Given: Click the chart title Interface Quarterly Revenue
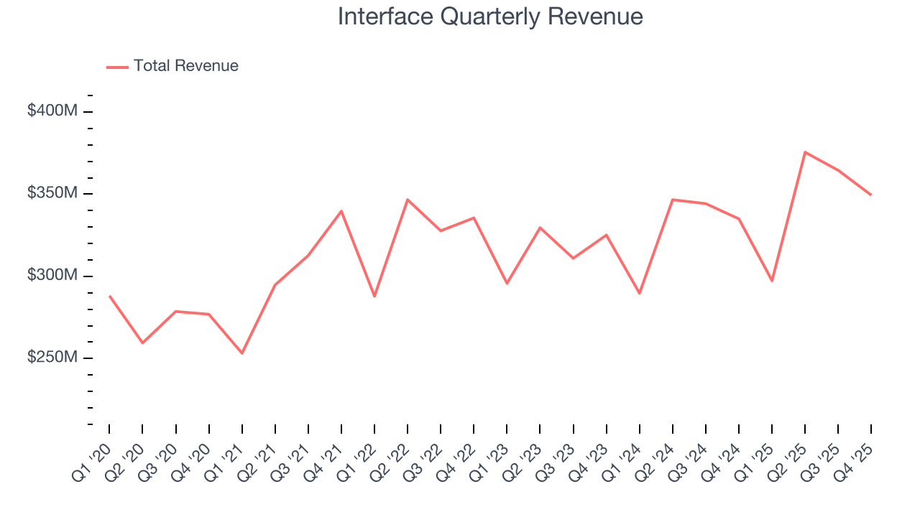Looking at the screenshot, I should [x=490, y=17].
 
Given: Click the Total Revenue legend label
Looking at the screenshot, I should [x=185, y=66].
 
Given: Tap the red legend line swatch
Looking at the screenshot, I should [x=117, y=67].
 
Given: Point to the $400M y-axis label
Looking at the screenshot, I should [x=52, y=111].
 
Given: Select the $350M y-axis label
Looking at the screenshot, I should [x=52, y=194].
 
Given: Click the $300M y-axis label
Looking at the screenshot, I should [x=52, y=276].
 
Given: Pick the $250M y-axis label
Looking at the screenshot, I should [x=52, y=358].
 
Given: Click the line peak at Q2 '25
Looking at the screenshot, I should [x=805, y=152].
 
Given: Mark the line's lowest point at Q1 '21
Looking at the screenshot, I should [x=242, y=353].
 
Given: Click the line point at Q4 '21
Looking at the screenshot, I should [x=341, y=211].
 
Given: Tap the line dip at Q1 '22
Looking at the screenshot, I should [x=374, y=296].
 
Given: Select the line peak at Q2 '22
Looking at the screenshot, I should [x=408, y=200].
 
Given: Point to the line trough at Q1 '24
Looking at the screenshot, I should [x=640, y=293].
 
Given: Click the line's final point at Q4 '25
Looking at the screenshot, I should [x=871, y=195].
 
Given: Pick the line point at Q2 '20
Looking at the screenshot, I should [x=142, y=343].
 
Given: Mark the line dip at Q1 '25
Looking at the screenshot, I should [x=772, y=280].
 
